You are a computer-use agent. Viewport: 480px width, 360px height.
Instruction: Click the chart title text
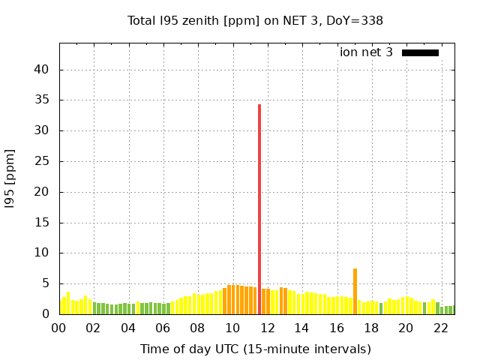[x=255, y=20]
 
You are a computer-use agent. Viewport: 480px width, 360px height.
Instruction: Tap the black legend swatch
[x=420, y=52]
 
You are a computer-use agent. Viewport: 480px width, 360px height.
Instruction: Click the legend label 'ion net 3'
[x=366, y=52]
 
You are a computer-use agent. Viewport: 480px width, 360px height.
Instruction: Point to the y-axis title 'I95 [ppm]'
[x=10, y=178]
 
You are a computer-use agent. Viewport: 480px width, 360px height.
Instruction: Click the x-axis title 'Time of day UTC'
[x=255, y=349]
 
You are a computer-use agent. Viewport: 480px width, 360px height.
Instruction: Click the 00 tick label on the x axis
[x=59, y=328]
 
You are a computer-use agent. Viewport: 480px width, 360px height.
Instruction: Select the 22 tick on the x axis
[x=440, y=328]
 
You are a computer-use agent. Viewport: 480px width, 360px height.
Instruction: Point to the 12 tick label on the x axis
[x=267, y=328]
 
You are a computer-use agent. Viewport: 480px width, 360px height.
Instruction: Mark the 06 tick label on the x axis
[x=163, y=328]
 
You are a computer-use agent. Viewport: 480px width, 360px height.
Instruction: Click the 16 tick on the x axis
[x=337, y=328]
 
